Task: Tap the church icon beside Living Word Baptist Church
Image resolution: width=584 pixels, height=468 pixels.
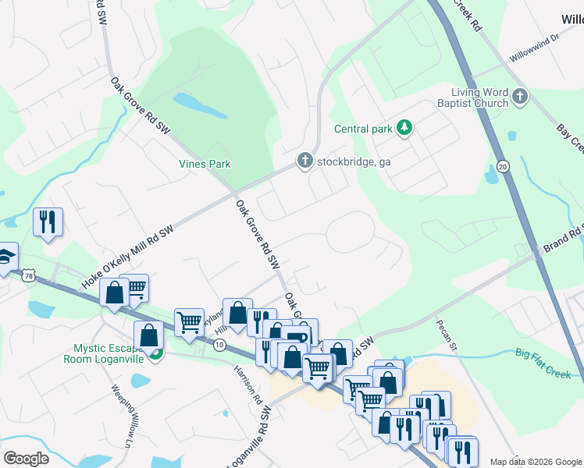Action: pyautogui.click(x=521, y=97)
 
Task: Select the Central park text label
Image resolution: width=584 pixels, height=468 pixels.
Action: pyautogui.click(x=362, y=129)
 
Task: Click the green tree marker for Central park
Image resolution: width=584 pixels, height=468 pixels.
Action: pyautogui.click(x=404, y=127)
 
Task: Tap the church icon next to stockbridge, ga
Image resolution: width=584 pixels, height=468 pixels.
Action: pyautogui.click(x=305, y=161)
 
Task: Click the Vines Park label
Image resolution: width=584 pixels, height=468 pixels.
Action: pyautogui.click(x=204, y=164)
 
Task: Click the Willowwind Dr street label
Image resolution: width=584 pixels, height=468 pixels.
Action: pyautogui.click(x=535, y=48)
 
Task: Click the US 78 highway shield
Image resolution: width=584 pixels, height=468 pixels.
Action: pyautogui.click(x=29, y=275)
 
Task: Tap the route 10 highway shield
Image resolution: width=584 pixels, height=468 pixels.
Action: pyautogui.click(x=220, y=344)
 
